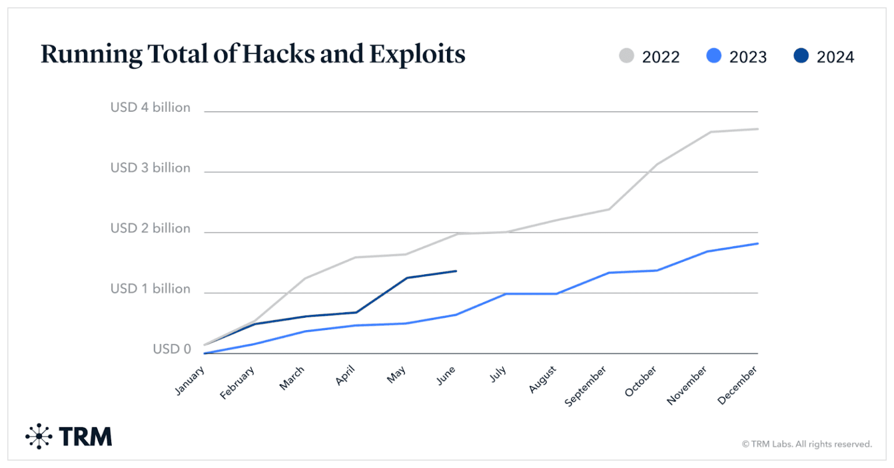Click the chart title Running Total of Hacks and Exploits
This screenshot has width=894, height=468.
click(x=253, y=55)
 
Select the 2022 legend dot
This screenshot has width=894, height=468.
click(x=626, y=56)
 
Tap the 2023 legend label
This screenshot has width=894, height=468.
click(x=748, y=57)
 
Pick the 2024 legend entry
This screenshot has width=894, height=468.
click(x=824, y=56)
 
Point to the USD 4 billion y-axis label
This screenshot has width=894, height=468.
click(x=150, y=108)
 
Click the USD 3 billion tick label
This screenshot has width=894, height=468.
click(x=150, y=168)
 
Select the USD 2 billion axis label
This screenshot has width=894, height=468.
click(x=150, y=228)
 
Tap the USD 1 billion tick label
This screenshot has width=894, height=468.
click(x=150, y=289)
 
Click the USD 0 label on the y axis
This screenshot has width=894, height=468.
click(x=172, y=349)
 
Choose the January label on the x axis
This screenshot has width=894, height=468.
click(x=190, y=381)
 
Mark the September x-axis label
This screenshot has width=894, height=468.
click(x=586, y=386)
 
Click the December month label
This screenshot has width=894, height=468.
click(x=737, y=385)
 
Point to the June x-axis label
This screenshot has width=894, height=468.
click(x=446, y=376)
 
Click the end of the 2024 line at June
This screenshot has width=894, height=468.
click(x=456, y=271)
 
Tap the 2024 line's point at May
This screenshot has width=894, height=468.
click(x=406, y=278)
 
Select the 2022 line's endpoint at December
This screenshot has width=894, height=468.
click(x=757, y=129)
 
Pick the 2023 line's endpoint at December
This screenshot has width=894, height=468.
click(x=757, y=243)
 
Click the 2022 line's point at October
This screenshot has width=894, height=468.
click(x=657, y=164)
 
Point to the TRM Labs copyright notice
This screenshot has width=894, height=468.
click(x=807, y=444)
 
